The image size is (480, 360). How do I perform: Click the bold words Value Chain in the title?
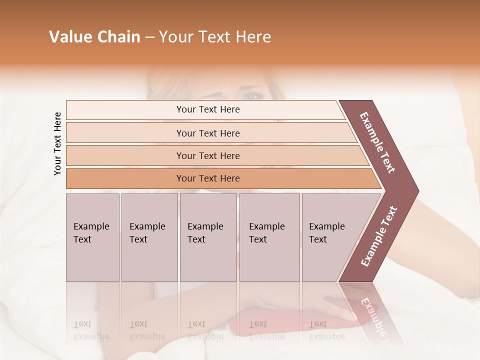coord(94,37)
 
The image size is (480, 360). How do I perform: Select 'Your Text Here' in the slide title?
coord(215,37)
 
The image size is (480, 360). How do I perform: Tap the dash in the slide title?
coord(149,37)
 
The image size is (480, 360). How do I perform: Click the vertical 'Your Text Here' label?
coord(57,143)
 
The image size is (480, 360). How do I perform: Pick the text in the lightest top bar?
coord(208,109)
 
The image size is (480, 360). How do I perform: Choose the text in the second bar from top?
coord(208,133)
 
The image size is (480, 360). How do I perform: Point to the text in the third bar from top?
coord(208,155)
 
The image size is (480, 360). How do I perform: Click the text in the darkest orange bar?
coord(208,178)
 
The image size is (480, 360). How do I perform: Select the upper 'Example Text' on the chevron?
coord(378,142)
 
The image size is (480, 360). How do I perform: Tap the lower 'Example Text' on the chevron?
coord(379,236)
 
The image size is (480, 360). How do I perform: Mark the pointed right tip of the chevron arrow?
coord(418,191)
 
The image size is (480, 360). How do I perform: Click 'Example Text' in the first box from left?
coord(91,233)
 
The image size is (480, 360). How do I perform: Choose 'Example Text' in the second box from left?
coord(147,233)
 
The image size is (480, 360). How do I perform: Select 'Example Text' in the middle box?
coord(205,233)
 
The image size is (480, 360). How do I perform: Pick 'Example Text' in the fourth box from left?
coord(266,233)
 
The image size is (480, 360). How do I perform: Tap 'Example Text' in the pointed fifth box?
coord(326,233)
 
